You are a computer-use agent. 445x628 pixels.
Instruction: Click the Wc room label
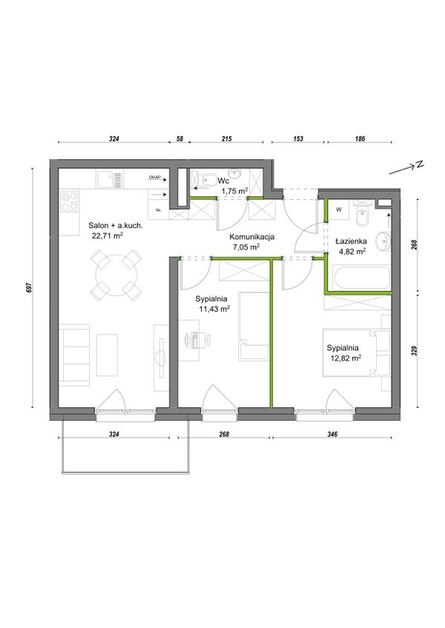point(223,181)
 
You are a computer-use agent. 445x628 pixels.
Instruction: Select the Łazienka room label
point(351,241)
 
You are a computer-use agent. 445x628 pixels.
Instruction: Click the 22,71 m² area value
point(107,235)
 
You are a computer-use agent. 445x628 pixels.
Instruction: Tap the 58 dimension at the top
point(179,139)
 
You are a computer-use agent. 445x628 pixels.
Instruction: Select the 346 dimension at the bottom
point(332,434)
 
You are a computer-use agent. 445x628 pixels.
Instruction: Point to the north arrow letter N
point(419,164)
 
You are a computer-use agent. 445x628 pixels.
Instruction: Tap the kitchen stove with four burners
point(69,201)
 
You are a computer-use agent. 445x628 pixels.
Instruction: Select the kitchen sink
point(110,179)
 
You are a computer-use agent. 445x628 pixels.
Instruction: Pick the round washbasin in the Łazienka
point(383,241)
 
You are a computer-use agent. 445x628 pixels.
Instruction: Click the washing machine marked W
point(339,210)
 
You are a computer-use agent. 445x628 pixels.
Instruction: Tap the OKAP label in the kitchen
point(154,177)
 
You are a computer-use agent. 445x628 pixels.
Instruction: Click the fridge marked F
point(159,210)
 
